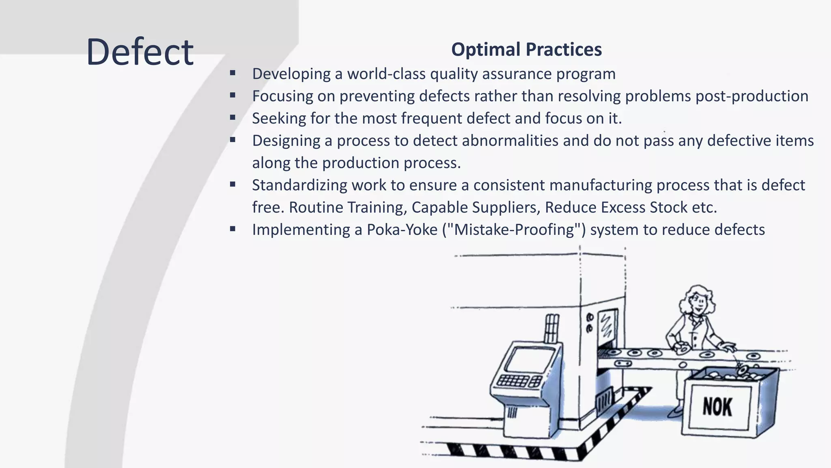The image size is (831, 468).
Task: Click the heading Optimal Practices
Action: pyautogui.click(x=526, y=50)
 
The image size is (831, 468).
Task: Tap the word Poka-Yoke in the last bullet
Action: pyautogui.click(x=402, y=230)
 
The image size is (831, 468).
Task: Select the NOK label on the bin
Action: pyautogui.click(x=717, y=407)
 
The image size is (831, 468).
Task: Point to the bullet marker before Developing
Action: pyautogui.click(x=233, y=74)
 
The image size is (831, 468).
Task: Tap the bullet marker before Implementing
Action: pyautogui.click(x=233, y=229)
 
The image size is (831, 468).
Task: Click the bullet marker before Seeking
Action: pyautogui.click(x=233, y=118)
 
